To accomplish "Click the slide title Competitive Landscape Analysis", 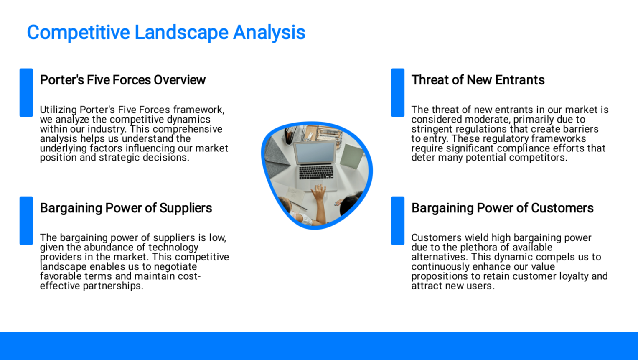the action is click(166, 32).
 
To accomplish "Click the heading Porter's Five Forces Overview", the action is click(123, 80).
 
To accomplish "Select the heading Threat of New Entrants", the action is click(478, 80).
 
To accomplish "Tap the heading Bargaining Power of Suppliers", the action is click(126, 208).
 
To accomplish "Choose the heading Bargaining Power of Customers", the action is click(503, 208).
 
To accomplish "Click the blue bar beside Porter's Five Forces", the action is click(26, 93).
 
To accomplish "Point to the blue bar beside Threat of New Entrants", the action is click(398, 93).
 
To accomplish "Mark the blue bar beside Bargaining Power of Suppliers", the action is click(26, 221).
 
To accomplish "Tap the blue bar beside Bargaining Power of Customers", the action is click(398, 221).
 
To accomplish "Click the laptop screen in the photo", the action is click(315, 153).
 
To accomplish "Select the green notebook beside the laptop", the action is click(352, 156).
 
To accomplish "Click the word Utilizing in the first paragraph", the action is click(58, 110).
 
